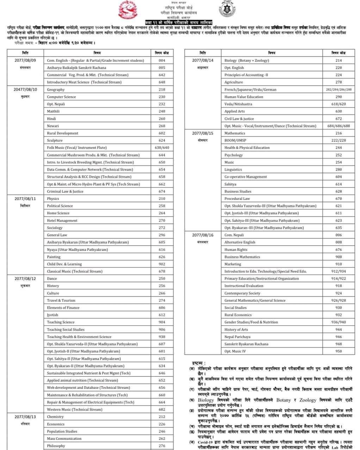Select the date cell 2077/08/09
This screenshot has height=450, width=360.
tap(25, 60)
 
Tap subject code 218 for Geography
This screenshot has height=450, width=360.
tap(162, 90)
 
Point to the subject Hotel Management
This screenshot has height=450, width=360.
tap(62, 220)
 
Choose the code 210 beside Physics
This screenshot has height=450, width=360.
tap(162, 198)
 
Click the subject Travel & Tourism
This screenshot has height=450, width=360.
tap(61, 300)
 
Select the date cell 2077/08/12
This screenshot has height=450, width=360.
tap(25, 278)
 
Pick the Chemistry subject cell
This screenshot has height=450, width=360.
tap(55, 417)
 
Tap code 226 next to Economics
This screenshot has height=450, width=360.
tap(162, 424)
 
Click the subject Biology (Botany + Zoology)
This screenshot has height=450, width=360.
tap(247, 60)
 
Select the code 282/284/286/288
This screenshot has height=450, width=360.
tap(339, 90)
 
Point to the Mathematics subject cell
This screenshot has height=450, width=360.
tap(235, 133)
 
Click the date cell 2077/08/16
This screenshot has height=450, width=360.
tap(203, 235)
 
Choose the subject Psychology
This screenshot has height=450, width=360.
tap(234, 155)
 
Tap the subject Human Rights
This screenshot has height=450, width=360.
tap(236, 249)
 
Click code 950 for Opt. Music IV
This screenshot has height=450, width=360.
tap(339, 351)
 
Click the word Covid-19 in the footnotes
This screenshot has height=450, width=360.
tap(205, 442)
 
